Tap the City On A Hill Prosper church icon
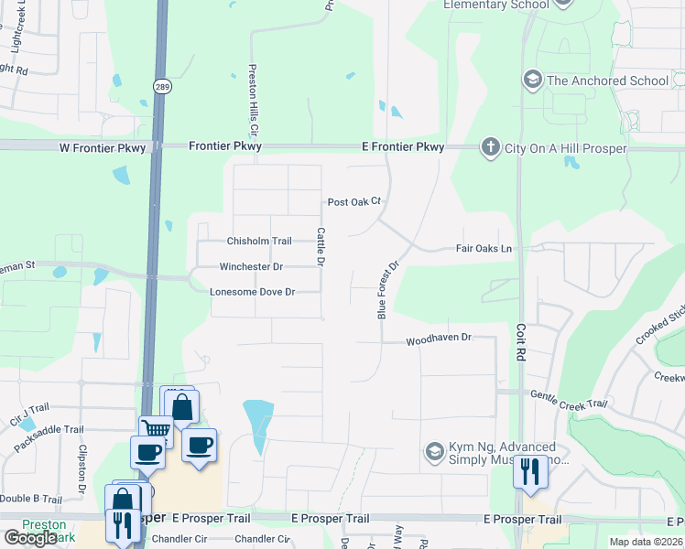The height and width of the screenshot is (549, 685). [x=491, y=147]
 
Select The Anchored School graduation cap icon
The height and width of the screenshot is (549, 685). [x=531, y=81]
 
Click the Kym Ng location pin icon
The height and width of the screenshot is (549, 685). [x=434, y=451]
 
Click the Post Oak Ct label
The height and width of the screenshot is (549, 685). [x=353, y=202]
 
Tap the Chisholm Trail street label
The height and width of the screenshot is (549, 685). [x=259, y=242]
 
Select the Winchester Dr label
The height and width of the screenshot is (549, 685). [x=251, y=267]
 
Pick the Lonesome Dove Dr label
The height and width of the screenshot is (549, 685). [x=252, y=292]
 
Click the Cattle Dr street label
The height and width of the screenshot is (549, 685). [x=321, y=247]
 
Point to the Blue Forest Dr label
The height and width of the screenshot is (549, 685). [x=389, y=290]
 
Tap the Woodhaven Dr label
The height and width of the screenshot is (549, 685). [x=439, y=339]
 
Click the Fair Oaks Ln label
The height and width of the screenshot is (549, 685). [x=484, y=249]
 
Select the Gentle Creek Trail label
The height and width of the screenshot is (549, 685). [x=569, y=399]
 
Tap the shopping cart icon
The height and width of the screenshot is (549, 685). [x=156, y=430]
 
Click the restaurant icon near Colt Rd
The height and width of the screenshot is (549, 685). [x=530, y=471]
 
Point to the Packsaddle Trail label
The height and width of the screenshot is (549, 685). [x=49, y=429]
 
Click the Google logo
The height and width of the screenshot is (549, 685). [x=30, y=539]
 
